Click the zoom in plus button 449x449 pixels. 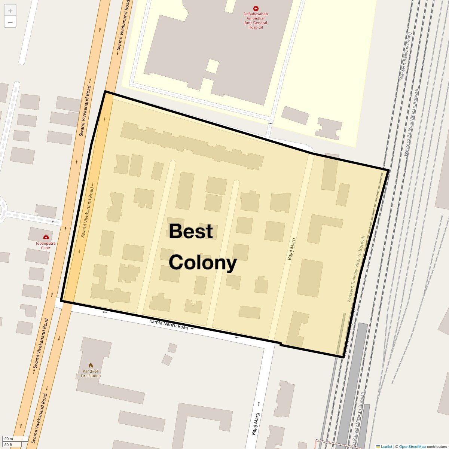point(10,11)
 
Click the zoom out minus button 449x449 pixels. point(10,22)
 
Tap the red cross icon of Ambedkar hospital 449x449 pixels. point(256,8)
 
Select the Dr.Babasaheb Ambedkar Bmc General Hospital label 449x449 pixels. point(256,21)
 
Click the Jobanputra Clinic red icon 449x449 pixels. point(46,237)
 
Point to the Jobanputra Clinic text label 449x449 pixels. point(46,245)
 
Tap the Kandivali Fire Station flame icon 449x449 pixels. point(91,366)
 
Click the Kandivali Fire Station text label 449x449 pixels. point(91,373)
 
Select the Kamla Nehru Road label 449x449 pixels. point(169,324)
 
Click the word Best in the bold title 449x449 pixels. point(191,231)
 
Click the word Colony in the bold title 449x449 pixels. point(203,263)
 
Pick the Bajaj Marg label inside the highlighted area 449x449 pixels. point(291,249)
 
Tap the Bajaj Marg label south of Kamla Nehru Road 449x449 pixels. point(255,424)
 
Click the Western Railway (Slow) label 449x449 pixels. point(405,56)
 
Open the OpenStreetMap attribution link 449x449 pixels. point(412,446)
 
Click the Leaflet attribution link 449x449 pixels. point(386,446)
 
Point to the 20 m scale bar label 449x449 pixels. point(9,439)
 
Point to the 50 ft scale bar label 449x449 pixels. point(8,445)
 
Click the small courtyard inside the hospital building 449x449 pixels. point(212,66)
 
